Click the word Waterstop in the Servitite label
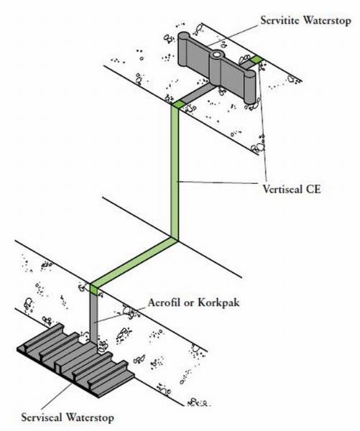tap(327, 21)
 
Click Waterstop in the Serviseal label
tap(91, 417)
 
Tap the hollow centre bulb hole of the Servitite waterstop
tap(217, 54)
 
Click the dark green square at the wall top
tap(178, 104)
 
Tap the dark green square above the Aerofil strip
tap(94, 289)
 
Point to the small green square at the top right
tap(256, 60)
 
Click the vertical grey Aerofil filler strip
tap(94, 319)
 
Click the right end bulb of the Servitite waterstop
tap(250, 87)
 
